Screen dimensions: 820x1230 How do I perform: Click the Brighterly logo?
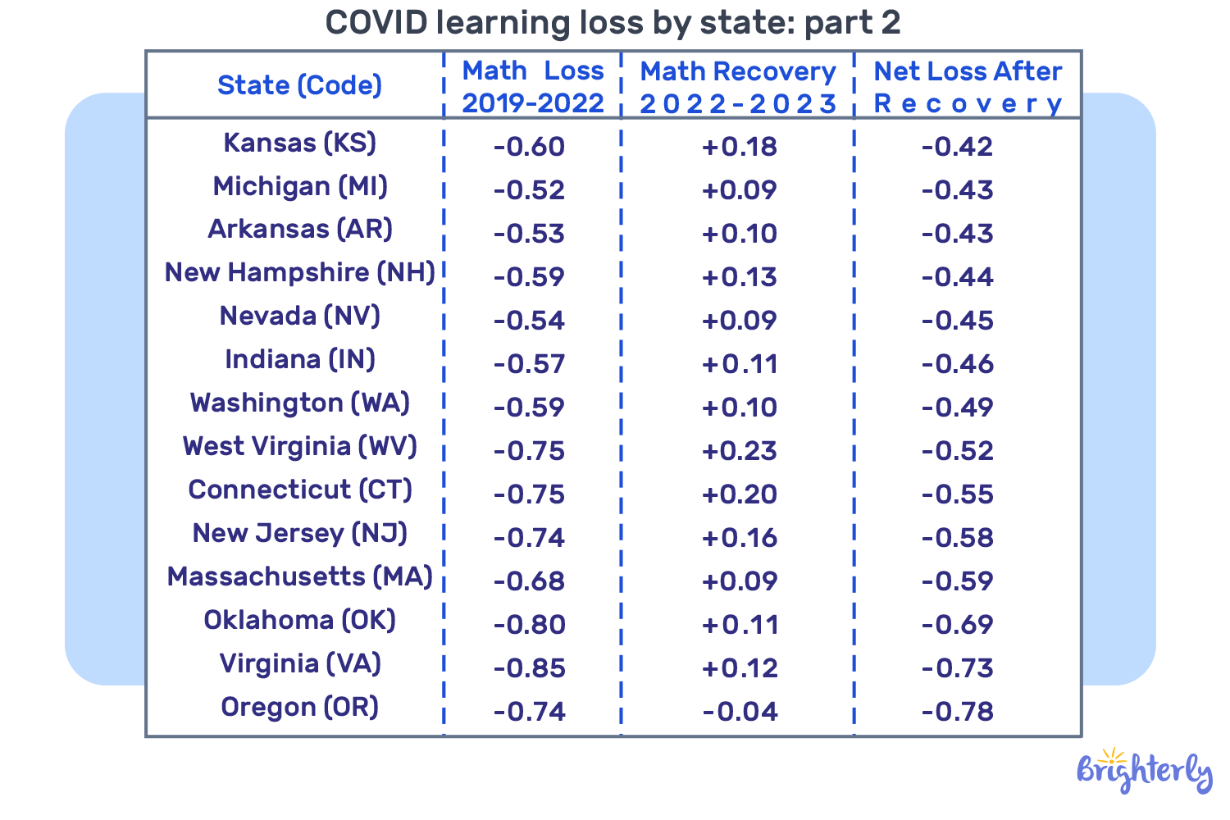[x=1144, y=771]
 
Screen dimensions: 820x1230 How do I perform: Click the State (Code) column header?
[x=299, y=85]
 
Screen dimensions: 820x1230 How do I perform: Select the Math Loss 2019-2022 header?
[x=533, y=87]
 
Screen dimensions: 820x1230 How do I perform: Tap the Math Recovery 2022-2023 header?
[x=738, y=87]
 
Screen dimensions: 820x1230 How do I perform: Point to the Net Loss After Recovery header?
[x=968, y=87]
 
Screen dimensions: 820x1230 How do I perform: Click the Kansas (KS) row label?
[x=299, y=143]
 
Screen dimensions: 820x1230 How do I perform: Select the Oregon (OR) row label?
[x=299, y=707]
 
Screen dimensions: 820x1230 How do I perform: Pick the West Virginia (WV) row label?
[x=299, y=447]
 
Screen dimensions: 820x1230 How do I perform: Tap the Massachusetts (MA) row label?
[x=299, y=577]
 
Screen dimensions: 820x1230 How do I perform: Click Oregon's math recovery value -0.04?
[x=740, y=711]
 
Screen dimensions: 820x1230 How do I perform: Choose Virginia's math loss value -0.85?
[x=530, y=667]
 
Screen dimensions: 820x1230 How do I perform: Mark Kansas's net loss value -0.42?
[x=957, y=147]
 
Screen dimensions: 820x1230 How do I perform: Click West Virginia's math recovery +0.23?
[x=740, y=451]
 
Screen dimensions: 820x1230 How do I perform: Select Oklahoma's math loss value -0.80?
[x=530, y=625]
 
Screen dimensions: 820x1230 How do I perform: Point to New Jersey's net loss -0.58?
[x=957, y=538]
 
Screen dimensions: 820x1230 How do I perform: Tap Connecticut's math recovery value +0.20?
[x=740, y=494]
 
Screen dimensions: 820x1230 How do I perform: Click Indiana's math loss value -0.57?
[x=530, y=364]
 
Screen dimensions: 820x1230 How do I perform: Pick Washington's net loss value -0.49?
[x=957, y=408]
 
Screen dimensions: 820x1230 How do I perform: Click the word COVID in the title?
[x=376, y=23]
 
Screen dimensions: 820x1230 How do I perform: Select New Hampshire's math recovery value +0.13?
[x=740, y=277]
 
